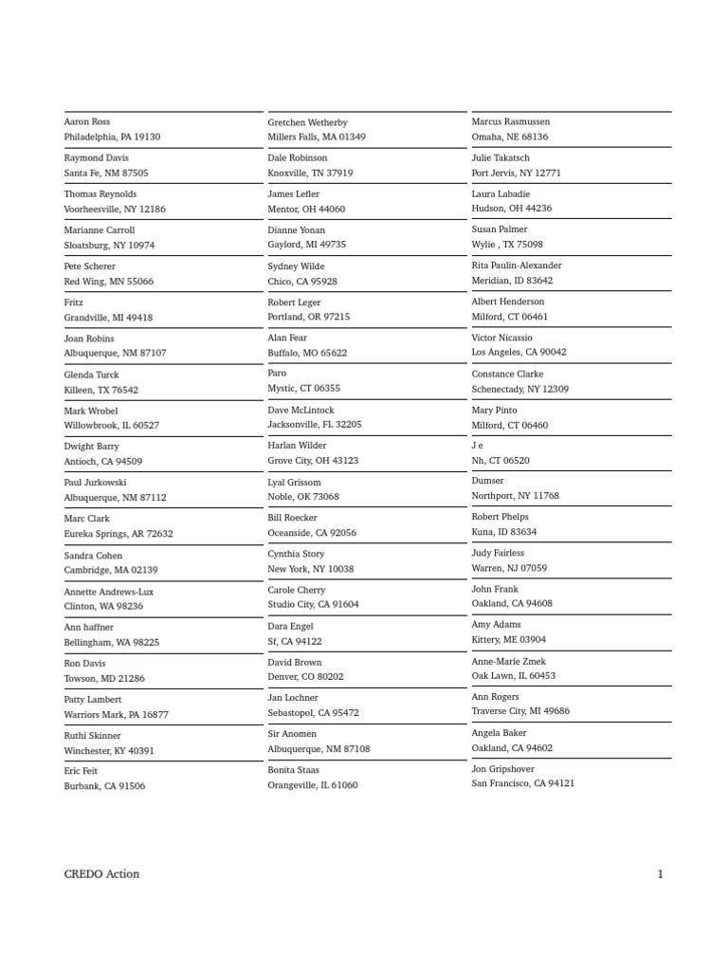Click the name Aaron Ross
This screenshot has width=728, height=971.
pos(87,122)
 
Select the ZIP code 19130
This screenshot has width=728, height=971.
pos(147,137)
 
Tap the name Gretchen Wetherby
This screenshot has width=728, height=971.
pos(307,123)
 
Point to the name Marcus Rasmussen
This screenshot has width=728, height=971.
pos(511,122)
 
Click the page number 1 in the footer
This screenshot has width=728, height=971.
pos(660,874)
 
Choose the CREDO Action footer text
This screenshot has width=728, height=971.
pos(101,874)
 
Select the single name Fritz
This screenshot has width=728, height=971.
pos(74,303)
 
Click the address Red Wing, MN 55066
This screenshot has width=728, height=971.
pos(108,282)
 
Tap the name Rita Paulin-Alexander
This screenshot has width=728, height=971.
pos(517,266)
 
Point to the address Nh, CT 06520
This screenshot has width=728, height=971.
pos(500,461)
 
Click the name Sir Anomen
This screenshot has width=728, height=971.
pos(292,734)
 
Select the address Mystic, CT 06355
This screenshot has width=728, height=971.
pos(303,389)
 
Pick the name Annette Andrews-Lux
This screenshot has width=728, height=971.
pos(108,592)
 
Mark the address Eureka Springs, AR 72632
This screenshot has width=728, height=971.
pos(118,534)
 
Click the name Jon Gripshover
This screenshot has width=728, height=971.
pos(503,769)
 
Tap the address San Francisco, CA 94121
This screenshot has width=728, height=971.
pos(523,784)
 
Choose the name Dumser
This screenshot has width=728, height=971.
pos(488,481)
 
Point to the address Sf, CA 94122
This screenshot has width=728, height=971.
pos(295,642)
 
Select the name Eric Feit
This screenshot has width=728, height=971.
pos(81,772)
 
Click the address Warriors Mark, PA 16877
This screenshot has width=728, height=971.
pos(116,715)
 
